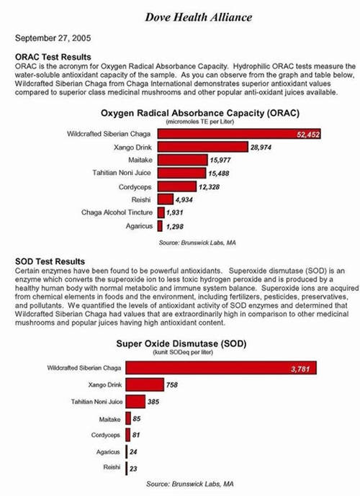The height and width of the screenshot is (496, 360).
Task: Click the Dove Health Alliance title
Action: coord(199,17)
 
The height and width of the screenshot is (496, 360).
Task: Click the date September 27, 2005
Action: coord(53,38)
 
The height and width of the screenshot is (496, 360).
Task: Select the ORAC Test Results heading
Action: coord(53,57)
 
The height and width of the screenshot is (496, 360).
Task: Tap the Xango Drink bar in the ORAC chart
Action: coord(203,147)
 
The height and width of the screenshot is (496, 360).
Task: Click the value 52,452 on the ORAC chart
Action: coord(308,135)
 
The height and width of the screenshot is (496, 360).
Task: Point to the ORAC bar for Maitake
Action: coord(183,160)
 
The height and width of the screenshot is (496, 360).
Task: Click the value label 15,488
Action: coord(219,173)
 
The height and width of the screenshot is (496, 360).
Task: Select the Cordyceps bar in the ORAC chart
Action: coord(177,186)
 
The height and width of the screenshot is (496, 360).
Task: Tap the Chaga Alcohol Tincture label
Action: coord(117,212)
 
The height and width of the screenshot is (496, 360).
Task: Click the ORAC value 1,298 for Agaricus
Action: coord(175,227)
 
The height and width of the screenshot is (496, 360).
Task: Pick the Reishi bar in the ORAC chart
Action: coord(166,199)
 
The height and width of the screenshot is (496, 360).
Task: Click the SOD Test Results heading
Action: coord(50,261)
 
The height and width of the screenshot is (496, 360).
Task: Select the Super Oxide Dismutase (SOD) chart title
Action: coord(181,344)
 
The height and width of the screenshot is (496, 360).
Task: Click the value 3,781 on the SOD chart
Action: coord(300,369)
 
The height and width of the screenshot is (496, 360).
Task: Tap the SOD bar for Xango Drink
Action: coord(145,384)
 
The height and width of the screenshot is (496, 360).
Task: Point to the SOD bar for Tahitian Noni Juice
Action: coord(135,402)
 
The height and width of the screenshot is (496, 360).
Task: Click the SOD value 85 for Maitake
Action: coord(137,419)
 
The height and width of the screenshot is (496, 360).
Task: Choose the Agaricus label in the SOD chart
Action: coord(108,452)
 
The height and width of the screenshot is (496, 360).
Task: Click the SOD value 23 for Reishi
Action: coord(133,469)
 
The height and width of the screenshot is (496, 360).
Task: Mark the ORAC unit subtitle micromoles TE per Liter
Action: coord(199,122)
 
